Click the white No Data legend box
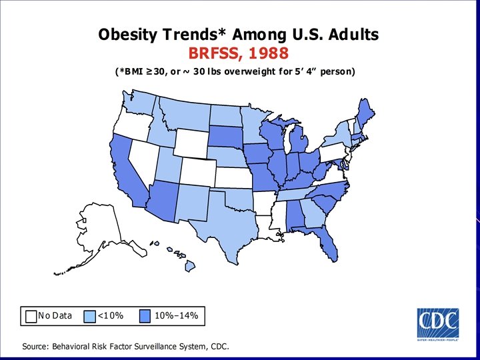(31, 315)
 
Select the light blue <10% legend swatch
(90, 315)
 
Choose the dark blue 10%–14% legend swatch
(147, 315)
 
